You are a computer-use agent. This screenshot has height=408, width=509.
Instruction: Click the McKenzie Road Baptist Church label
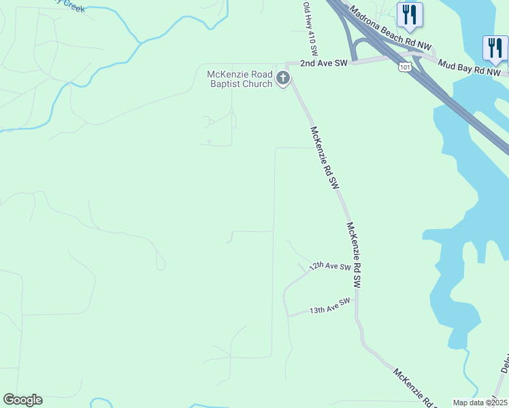(x=240, y=79)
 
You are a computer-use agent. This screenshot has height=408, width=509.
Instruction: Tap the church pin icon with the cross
(x=283, y=80)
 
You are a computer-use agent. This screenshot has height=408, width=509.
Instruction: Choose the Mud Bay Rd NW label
(x=470, y=65)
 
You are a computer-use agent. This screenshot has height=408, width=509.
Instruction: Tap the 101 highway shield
(x=406, y=67)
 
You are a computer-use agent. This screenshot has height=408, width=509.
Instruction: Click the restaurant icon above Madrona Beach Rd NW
(x=410, y=14)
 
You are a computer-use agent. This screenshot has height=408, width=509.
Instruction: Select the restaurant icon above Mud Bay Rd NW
(x=495, y=48)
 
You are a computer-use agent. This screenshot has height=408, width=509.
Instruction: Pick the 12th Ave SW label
(x=329, y=267)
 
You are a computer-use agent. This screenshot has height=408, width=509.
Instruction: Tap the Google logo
(x=22, y=400)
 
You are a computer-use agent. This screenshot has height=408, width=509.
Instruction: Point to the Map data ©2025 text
(x=480, y=403)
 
